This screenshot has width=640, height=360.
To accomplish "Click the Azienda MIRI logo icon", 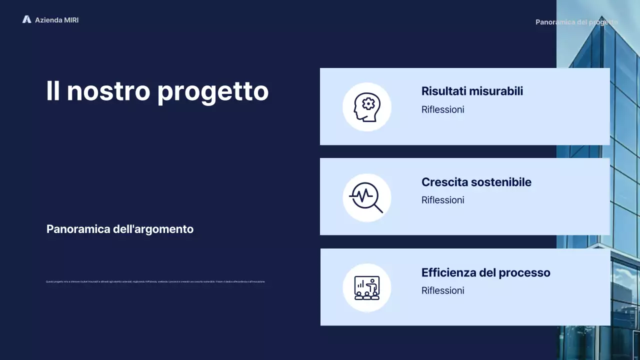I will coord(26,19).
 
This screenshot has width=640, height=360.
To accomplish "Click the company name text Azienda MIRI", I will coord(56,20).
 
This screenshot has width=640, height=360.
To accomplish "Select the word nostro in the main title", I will coord(108,91).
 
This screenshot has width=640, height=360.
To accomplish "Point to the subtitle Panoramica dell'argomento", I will coord(120,229).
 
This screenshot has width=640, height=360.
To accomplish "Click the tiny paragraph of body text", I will coord(155,282).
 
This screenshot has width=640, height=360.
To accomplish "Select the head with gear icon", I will coord(366,107).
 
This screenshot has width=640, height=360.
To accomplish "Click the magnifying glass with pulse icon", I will coord(366,197).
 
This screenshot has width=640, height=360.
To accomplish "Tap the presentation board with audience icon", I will coord(366,288).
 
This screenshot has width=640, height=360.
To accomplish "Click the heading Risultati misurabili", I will coord(472,91).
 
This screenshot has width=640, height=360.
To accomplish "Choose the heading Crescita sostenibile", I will coord(476,182).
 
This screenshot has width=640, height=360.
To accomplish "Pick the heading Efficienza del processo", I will coord(485,272).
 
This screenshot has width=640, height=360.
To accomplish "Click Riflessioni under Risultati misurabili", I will coord(442,109).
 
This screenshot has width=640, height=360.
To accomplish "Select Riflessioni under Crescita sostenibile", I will coord(442,200).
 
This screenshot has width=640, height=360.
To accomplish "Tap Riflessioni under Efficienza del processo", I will coord(442,290).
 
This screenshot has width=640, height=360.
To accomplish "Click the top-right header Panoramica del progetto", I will coord(576,22).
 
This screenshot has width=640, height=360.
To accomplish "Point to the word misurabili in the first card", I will coord(498,91).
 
